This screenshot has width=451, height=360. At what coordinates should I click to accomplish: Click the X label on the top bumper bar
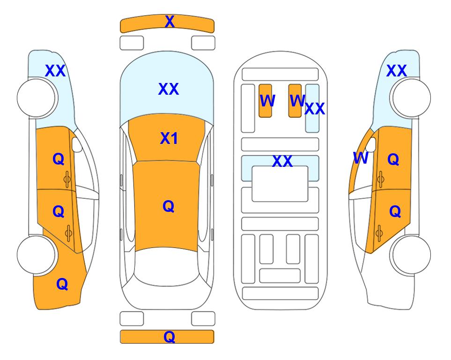pos(170,22)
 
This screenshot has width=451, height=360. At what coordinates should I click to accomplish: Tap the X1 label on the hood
pos(169,138)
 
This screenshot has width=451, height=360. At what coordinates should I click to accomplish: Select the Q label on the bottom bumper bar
pos(169,337)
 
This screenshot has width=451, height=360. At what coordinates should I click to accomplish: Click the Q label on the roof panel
pos(168,206)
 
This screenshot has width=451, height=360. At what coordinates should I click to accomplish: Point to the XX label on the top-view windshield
pos(169,89)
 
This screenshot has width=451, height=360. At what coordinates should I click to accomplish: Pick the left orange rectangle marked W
pos(265,101)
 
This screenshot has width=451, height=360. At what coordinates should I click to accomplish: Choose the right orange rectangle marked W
pos(295,101)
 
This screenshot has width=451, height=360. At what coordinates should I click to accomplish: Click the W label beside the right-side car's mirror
pos(361,158)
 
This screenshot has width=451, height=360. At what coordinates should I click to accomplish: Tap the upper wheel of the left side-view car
pos(36,98)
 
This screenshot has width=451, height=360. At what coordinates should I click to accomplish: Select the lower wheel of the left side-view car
pos(36,255)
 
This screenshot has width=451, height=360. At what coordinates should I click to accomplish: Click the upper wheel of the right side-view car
pos(412,98)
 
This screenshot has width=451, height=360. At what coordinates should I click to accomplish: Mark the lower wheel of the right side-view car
pos(412,255)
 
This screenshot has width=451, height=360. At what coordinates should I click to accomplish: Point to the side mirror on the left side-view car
pos(77,144)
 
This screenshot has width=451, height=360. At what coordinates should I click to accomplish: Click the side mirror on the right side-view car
pos(371,144)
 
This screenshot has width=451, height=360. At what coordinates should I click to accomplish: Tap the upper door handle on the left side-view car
pos(67,180)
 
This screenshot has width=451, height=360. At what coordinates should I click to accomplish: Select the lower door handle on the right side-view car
pos(380,233)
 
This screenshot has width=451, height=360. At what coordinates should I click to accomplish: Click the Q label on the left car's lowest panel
pos(62,284)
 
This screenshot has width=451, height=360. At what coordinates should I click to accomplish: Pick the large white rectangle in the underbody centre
pos(280,184)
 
